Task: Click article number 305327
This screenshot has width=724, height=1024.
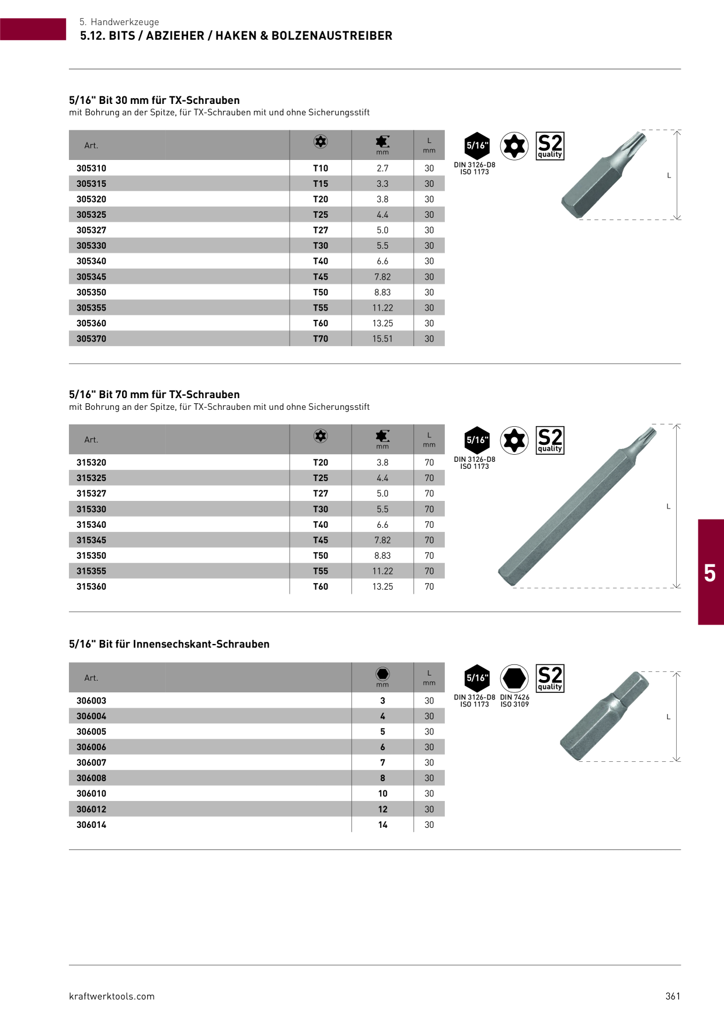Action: (x=91, y=230)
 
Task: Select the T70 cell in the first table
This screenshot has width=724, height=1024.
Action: (x=321, y=339)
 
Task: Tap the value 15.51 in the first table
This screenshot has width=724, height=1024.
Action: (x=382, y=339)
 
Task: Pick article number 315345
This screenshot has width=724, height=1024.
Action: (x=91, y=540)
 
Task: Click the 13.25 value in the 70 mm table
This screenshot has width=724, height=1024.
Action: (x=382, y=587)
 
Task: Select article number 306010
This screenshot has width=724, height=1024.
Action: (x=91, y=793)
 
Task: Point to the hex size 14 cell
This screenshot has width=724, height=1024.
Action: (x=382, y=824)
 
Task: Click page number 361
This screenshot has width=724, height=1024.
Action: (x=673, y=996)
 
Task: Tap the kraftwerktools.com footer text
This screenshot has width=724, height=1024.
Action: (x=112, y=996)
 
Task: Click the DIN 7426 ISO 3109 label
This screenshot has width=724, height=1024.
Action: (x=514, y=701)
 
